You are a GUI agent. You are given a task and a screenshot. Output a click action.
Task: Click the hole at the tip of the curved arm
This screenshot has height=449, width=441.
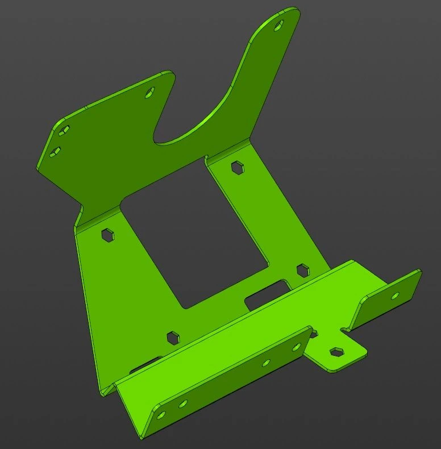[x=278, y=24]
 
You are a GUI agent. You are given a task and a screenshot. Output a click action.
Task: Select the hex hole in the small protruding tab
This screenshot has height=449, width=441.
[x=337, y=351]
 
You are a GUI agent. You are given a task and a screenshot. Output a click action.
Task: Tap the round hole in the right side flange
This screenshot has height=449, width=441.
[x=396, y=295]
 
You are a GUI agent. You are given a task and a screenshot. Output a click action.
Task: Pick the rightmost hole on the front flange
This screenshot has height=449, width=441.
[x=296, y=346]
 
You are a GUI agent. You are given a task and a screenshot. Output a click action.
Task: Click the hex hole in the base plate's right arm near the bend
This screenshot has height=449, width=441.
[x=237, y=167]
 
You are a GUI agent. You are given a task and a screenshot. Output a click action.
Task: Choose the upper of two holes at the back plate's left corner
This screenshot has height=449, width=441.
[x=63, y=130]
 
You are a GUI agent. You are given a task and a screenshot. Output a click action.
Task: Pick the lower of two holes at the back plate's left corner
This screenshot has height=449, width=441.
[x=56, y=151]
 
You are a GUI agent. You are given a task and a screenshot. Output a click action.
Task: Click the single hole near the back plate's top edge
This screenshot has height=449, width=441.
[x=151, y=94]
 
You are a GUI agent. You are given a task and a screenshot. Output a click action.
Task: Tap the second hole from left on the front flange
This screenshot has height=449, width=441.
[x=182, y=404]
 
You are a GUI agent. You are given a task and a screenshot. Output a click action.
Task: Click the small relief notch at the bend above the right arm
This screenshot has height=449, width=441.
[x=207, y=158]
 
